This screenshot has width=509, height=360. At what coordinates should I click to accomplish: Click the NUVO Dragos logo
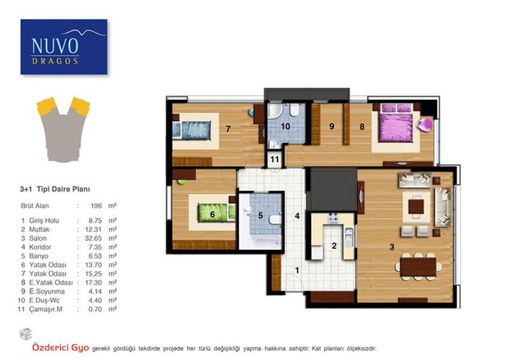pyautogui.click(x=64, y=46)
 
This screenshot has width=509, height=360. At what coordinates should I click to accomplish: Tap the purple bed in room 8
pyautogui.click(x=396, y=123)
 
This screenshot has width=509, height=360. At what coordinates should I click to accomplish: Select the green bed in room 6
pyautogui.click(x=216, y=212)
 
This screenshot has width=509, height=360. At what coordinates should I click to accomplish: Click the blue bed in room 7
pyautogui.click(x=192, y=130)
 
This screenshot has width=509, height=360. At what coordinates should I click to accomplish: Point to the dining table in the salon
pyautogui.click(x=418, y=267)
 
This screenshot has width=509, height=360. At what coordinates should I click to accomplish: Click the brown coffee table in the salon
pyautogui.click(x=416, y=207)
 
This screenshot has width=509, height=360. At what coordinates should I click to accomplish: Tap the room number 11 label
pyautogui.click(x=275, y=160)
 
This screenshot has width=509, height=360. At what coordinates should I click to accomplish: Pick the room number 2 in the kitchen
pyautogui.click(x=334, y=246)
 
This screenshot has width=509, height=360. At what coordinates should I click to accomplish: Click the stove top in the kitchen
pyautogui.click(x=333, y=218)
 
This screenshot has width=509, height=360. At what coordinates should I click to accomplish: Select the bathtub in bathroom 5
pyautogui.click(x=262, y=241)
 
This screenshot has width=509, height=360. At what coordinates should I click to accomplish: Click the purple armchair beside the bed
pyautogui.click(x=425, y=124)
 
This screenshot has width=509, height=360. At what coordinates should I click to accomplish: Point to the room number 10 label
pyautogui.click(x=285, y=127)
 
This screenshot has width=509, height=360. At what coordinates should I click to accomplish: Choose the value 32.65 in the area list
pyautogui.click(x=93, y=239)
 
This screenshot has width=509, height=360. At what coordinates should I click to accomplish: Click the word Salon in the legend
pyautogui.click(x=38, y=239)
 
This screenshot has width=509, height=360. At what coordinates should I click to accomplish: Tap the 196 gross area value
pyautogui.click(x=96, y=206)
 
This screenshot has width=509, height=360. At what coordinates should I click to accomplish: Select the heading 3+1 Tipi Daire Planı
pyautogui.click(x=55, y=189)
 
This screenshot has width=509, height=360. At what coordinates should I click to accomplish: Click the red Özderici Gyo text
pyautogui.click(x=60, y=348)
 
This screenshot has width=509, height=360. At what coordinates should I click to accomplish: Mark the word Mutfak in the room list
pyautogui.click(x=39, y=230)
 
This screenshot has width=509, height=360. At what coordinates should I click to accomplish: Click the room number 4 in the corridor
pyautogui.click(x=297, y=216)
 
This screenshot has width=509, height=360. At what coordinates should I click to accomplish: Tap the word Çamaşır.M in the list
pyautogui.click(x=46, y=309)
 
